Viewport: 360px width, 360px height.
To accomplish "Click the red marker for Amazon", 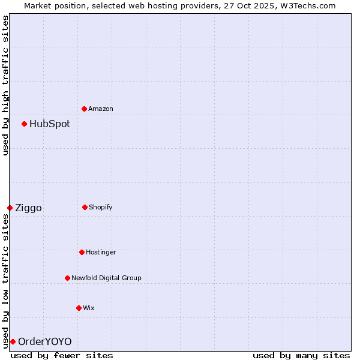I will (84, 109).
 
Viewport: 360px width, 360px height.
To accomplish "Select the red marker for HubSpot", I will (24, 124).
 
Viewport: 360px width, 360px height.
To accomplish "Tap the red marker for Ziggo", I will (10, 208).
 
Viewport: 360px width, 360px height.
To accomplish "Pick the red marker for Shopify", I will (85, 207).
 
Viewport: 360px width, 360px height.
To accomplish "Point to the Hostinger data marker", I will (82, 252).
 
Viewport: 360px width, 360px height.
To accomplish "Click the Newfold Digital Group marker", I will (67, 278).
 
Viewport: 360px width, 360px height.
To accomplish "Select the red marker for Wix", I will (79, 308).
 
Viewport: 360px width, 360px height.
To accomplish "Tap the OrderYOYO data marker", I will (13, 341).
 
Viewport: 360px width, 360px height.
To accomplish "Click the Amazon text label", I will (101, 109).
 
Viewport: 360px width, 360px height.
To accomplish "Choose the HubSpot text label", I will (50, 124).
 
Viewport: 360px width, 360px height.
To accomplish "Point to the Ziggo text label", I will (28, 208).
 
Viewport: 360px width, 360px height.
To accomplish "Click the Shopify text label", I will (101, 207).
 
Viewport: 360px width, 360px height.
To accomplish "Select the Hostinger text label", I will (101, 252).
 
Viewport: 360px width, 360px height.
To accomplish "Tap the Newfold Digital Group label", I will (106, 278).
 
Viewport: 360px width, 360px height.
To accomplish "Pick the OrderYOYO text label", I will (44, 341).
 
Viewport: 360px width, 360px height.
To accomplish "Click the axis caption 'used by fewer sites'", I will (62, 355).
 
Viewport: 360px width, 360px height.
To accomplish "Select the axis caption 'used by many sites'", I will (301, 355).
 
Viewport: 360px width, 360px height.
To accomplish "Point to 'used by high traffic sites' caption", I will (5, 85).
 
